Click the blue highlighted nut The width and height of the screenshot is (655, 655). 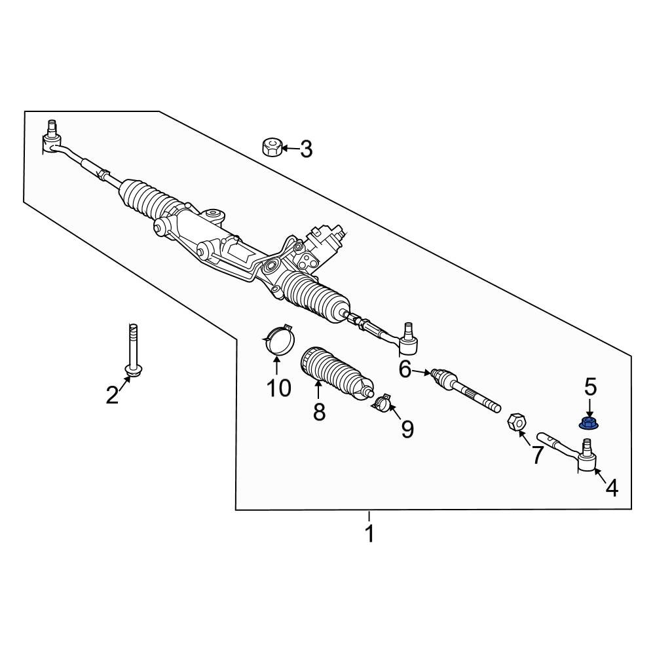coord(588,423)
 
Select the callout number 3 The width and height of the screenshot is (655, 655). coord(307,149)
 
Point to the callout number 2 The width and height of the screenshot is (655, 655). coord(112,395)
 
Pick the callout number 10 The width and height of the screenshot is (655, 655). coord(278,388)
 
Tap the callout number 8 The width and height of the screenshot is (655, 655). coord(319,412)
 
